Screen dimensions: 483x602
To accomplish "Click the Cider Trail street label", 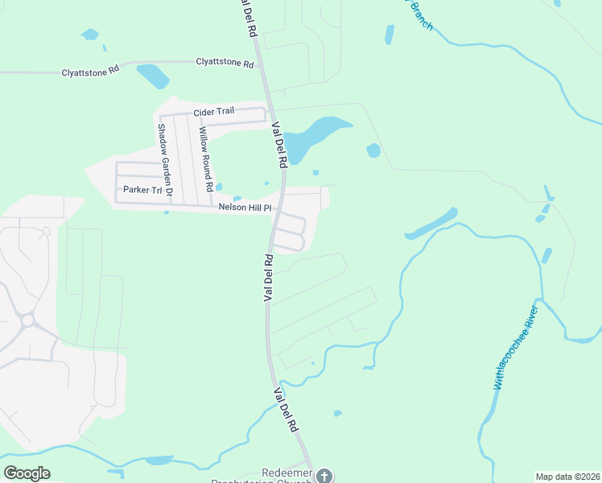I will tap(213, 111).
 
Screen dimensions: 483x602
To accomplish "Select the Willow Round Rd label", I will tap(205, 159).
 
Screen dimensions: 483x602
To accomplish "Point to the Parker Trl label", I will tap(142, 190).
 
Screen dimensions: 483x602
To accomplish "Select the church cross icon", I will tap(324, 475).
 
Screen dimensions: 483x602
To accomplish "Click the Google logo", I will tap(27, 473).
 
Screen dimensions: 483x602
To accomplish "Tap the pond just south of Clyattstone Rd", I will tap(153, 76).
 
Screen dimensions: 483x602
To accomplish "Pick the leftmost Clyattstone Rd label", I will tap(90, 72).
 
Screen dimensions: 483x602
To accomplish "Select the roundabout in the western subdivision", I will tap(27, 320).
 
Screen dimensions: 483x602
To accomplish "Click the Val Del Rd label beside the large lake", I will tap(280, 144).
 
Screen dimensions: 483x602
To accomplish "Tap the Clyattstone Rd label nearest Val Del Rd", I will tap(225, 61).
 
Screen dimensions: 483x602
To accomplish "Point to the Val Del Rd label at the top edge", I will tap(248, 18).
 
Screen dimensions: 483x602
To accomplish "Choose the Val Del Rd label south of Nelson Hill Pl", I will tap(269, 278).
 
